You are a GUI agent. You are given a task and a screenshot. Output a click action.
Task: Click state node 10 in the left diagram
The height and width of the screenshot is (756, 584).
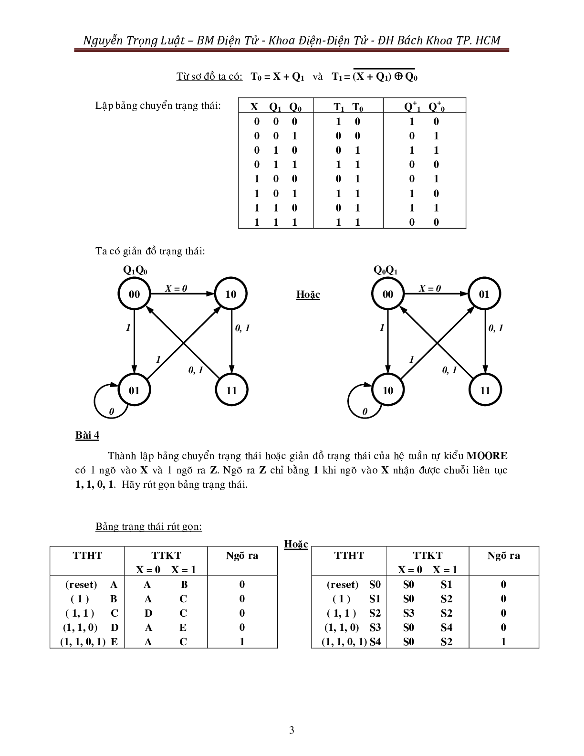231,294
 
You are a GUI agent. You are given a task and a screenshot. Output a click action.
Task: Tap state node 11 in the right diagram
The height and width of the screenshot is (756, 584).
485,390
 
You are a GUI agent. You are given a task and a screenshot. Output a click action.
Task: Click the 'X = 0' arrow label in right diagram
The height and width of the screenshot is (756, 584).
430,288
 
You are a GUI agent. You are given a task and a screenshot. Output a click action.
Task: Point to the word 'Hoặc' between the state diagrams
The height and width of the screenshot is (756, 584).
308,294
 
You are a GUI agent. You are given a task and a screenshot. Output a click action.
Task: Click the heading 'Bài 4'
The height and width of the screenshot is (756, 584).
87,435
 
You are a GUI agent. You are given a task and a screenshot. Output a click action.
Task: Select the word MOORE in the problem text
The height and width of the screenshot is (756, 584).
487,456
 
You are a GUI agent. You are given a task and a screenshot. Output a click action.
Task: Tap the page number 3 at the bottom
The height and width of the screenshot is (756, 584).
292,730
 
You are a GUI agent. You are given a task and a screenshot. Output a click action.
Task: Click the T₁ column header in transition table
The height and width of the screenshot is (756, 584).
339,107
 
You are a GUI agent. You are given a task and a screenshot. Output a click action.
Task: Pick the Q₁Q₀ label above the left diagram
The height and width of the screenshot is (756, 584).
135,270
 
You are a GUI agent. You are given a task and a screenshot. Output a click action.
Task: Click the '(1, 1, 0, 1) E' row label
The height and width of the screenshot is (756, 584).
89,641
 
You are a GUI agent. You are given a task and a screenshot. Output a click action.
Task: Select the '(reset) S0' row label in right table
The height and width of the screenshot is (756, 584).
354,584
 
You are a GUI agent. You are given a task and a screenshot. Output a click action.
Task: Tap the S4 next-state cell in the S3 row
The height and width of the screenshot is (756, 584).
446,627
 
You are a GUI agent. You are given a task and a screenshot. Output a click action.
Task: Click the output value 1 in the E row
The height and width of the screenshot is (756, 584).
242,641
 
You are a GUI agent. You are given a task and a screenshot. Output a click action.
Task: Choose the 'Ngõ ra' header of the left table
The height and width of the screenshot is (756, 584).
242,555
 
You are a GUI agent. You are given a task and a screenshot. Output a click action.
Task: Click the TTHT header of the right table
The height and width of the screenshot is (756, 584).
349,555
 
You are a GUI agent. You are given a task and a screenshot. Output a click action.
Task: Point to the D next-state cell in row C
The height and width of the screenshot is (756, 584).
148,613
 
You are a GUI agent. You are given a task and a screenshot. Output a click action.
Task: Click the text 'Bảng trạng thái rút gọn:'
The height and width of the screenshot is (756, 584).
148,526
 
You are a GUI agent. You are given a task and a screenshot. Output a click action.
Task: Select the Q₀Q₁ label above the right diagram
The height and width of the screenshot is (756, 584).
386,270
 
